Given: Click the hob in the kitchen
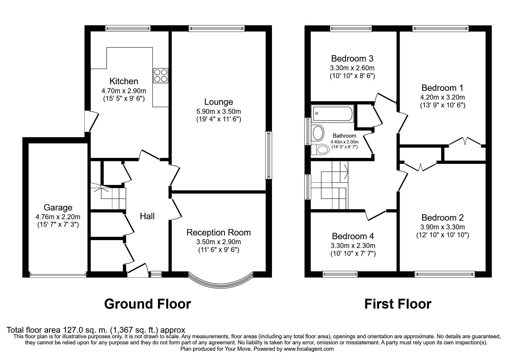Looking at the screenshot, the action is [x=160, y=75].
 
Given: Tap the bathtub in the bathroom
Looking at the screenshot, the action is [x=332, y=114].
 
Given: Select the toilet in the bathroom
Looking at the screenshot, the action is [x=319, y=150].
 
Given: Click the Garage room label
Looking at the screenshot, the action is [x=58, y=208].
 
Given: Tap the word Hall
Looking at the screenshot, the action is [x=147, y=216].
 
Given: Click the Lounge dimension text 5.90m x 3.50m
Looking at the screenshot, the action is [x=219, y=111].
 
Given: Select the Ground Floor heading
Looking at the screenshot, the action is [x=147, y=304].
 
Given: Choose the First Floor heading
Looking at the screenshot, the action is [x=398, y=304].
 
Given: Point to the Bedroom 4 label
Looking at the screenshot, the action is [x=353, y=236].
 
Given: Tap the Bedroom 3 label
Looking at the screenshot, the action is [x=352, y=59].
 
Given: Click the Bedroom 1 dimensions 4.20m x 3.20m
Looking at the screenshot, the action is [x=443, y=97].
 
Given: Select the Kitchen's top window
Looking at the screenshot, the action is [x=128, y=28].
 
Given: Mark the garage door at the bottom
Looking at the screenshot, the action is [x=58, y=274].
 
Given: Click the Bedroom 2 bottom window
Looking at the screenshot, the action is [x=445, y=273].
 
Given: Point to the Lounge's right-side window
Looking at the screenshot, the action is [x=269, y=155].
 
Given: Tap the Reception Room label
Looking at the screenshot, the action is [x=219, y=233].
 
